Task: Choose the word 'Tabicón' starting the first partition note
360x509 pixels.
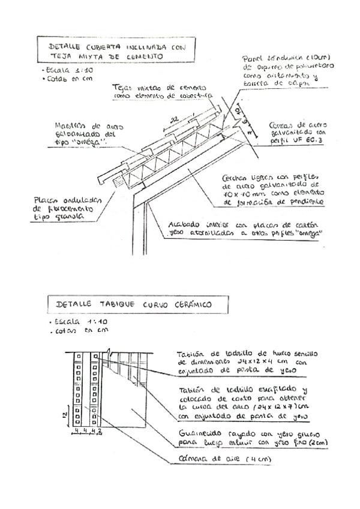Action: (x=190, y=355)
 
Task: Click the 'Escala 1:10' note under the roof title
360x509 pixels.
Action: (x=59, y=70)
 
